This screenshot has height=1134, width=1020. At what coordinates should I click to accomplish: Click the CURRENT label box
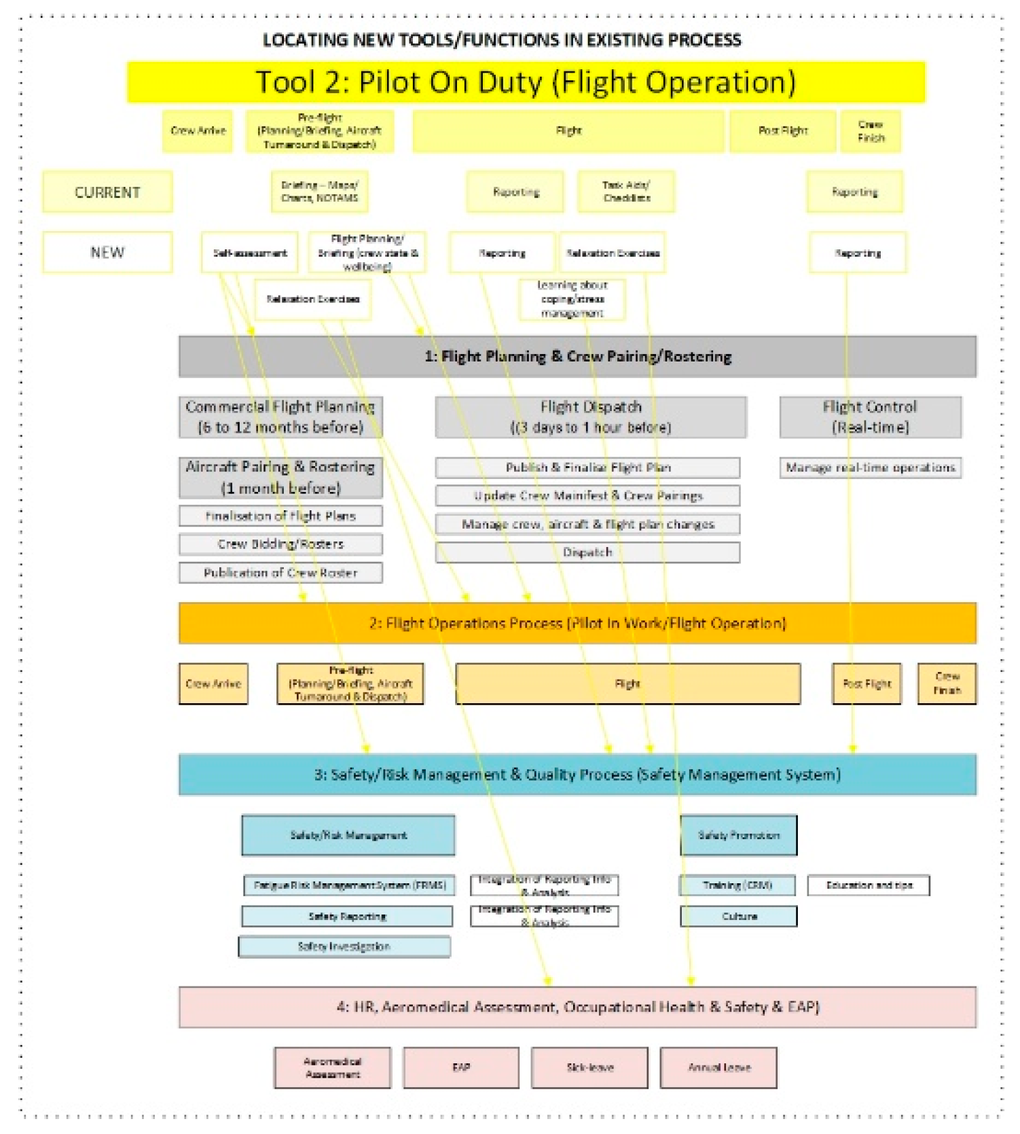pyautogui.click(x=107, y=192)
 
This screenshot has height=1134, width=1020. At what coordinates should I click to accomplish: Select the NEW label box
pyautogui.click(x=107, y=252)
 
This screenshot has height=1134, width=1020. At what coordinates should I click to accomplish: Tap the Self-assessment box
pyautogui.click(x=249, y=253)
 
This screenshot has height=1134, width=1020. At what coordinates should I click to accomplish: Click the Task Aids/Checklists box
pyautogui.click(x=626, y=192)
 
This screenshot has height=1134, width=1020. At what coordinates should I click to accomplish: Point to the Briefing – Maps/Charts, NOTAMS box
pyautogui.click(x=319, y=192)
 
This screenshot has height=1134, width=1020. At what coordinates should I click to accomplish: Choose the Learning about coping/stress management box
pyautogui.click(x=572, y=299)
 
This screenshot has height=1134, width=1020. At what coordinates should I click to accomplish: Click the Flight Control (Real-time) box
pyautogui.click(x=870, y=417)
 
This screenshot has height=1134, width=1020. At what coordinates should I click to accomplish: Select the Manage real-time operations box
pyautogui.click(x=870, y=467)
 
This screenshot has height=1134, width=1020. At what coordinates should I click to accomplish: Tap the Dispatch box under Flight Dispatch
pyautogui.click(x=587, y=552)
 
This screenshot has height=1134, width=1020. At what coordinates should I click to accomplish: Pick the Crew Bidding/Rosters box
pyautogui.click(x=280, y=544)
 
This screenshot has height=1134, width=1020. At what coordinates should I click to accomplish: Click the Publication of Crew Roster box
pyautogui.click(x=280, y=573)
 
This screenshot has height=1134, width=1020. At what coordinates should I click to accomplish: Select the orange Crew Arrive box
pyautogui.click(x=213, y=684)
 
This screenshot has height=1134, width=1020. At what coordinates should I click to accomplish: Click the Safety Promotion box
pyautogui.click(x=739, y=835)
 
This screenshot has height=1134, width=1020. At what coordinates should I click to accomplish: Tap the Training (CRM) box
pyautogui.click(x=737, y=885)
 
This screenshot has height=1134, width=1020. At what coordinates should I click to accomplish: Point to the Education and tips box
pyautogui.click(x=869, y=885)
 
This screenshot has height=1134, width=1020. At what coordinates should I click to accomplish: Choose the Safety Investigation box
pyautogui.click(x=344, y=946)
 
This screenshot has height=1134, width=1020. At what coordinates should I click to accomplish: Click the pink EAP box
pyautogui.click(x=461, y=1067)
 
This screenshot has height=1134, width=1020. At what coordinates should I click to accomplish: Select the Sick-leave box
pyautogui.click(x=589, y=1067)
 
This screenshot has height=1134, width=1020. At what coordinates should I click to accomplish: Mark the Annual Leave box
pyautogui.click(x=718, y=1067)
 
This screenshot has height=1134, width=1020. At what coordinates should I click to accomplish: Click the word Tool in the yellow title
pyautogui.click(x=285, y=82)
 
